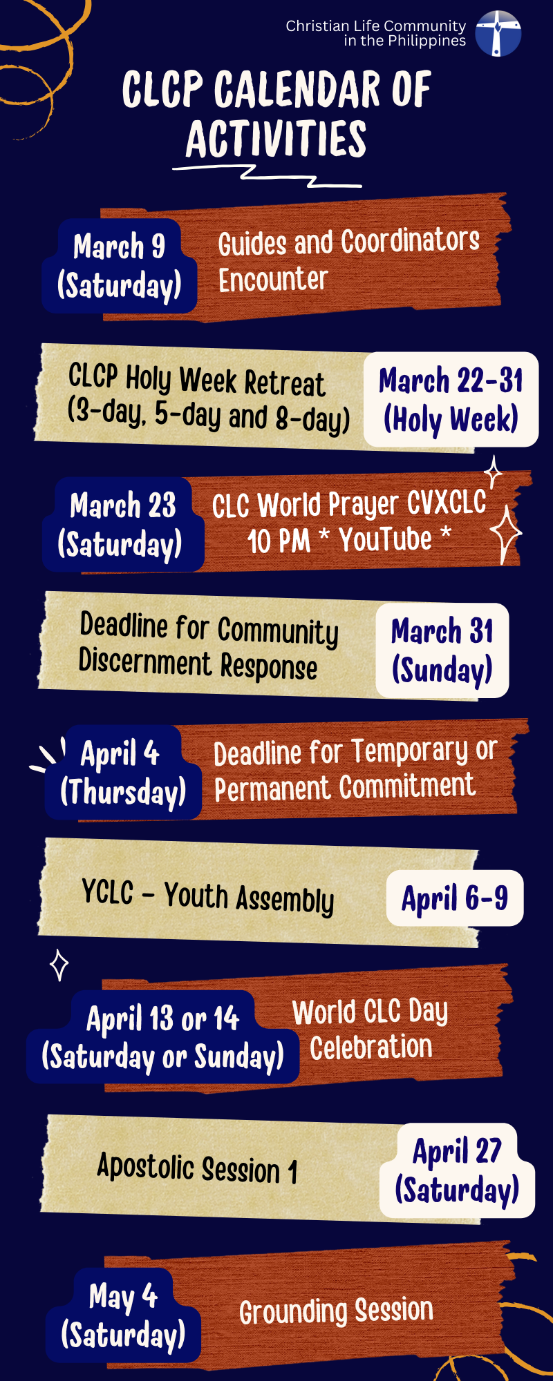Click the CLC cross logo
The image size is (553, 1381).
498,33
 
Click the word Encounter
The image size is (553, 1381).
273,280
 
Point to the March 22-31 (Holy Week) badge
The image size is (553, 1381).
451,400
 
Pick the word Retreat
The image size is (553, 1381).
284,383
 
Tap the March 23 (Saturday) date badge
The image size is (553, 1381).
122,525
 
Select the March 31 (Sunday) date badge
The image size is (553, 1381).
442,650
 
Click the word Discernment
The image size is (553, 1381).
145,661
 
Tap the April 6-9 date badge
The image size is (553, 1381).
455,898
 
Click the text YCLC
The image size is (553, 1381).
107,891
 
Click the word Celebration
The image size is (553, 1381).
371,1047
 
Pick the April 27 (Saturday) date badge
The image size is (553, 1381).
457,1170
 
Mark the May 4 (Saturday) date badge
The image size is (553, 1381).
123,1315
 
